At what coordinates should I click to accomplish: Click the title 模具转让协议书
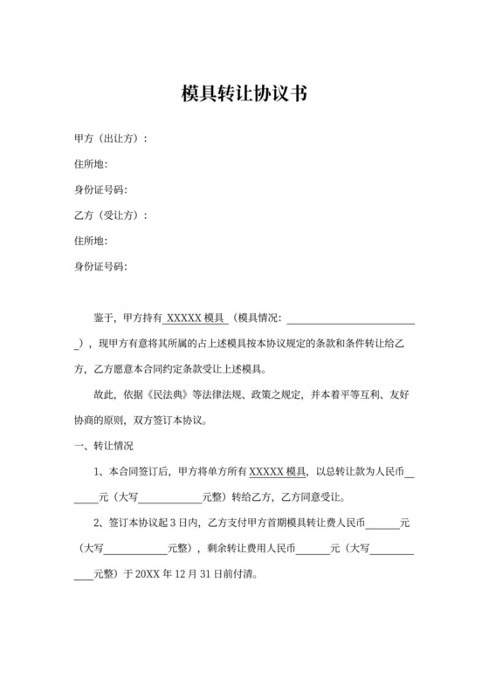pyautogui.click(x=244, y=93)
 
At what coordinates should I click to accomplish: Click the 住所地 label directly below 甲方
pyautogui.click(x=91, y=164)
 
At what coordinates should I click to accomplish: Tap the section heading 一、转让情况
pyautogui.click(x=104, y=446)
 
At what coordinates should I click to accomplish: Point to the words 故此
pyautogui.click(x=103, y=394)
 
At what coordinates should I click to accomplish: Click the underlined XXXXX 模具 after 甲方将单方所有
pyautogui.click(x=278, y=472)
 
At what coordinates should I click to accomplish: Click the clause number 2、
pyautogui.click(x=98, y=523)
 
